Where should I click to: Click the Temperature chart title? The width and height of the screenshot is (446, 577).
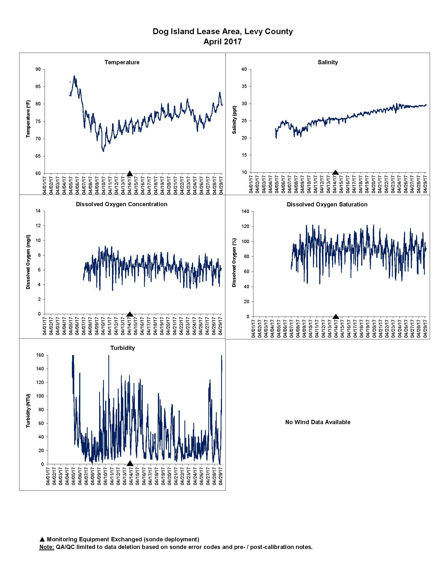(x=122, y=62)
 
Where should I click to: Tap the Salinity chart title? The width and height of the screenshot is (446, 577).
(x=328, y=62)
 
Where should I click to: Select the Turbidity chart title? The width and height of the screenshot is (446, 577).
(x=123, y=348)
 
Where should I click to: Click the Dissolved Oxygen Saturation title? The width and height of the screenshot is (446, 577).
(x=327, y=205)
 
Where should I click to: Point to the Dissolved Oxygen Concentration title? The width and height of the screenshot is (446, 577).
(x=121, y=204)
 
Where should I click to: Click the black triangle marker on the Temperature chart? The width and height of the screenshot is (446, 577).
(x=130, y=174)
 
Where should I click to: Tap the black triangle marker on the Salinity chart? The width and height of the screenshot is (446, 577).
(x=335, y=173)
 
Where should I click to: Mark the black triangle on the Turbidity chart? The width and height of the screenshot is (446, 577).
(x=130, y=463)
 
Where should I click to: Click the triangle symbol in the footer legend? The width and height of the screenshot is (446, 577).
(x=42, y=539)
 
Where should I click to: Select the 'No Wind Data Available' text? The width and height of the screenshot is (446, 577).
(x=318, y=422)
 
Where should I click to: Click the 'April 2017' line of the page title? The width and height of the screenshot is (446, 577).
(x=222, y=42)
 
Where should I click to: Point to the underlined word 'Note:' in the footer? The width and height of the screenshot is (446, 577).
(x=47, y=547)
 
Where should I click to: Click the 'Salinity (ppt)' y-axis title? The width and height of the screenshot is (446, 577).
(x=234, y=120)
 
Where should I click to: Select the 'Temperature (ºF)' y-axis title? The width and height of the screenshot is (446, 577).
(x=28, y=119)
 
